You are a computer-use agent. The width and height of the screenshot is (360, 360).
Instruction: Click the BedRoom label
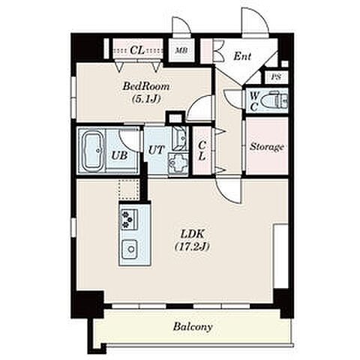146,86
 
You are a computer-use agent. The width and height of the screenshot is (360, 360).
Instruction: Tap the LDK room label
193,235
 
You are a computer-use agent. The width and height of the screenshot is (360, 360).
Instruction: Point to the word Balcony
193,327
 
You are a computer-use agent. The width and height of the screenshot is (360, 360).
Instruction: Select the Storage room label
267,146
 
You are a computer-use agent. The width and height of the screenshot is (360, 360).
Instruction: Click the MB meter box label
181,51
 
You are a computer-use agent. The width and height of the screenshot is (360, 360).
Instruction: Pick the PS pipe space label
276,77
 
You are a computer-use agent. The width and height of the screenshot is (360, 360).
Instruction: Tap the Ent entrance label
242,56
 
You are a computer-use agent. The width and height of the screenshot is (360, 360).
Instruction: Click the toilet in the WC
274,101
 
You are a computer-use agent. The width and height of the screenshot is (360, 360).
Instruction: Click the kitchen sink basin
130,249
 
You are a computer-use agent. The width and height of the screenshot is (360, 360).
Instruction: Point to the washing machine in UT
178,163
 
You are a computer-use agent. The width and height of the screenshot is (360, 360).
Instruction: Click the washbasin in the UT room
180,138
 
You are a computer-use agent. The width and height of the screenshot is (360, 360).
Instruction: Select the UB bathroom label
119,155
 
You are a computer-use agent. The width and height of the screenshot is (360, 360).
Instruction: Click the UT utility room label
156,150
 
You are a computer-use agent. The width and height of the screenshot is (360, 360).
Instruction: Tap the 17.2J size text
192,247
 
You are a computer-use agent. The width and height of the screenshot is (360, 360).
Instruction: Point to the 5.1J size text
146,99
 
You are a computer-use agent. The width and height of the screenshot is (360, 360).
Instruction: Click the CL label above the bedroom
137,50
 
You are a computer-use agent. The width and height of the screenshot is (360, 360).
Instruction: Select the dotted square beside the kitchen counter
129,190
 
